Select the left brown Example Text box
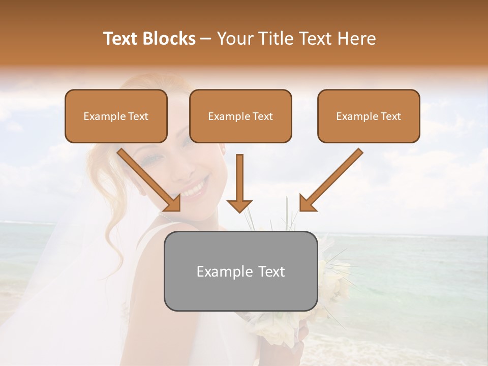pyautogui.click(x=116, y=116)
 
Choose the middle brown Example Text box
pyautogui.click(x=240, y=116)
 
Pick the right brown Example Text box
pyautogui.click(x=369, y=116)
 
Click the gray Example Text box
pyautogui.click(x=240, y=271)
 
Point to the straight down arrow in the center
pyautogui.click(x=239, y=183)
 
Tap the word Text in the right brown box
pyautogui.click(x=390, y=116)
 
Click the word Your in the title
pyautogui.click(x=235, y=39)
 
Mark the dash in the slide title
pyautogui.click(x=206, y=39)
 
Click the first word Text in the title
pyautogui.click(x=120, y=39)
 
